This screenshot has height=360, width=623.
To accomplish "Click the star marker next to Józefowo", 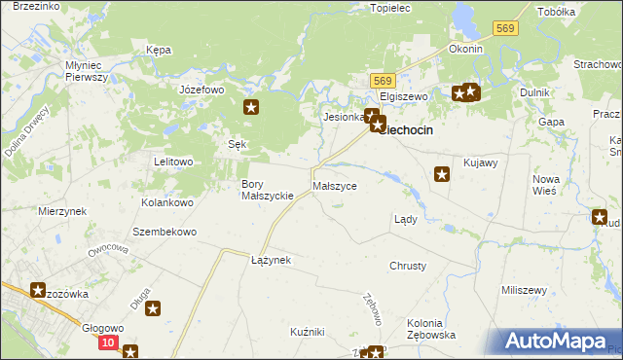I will (251, 108).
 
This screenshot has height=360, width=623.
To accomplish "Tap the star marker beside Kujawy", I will (441, 174).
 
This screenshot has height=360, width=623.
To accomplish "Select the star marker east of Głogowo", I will (153, 309).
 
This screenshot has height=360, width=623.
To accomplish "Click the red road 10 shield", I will (107, 342).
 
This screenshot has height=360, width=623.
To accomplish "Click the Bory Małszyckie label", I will (268, 190).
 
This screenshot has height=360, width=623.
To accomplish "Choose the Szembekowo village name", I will (165, 233).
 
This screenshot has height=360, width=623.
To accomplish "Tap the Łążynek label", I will (271, 261).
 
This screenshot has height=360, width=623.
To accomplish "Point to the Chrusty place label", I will (408, 266).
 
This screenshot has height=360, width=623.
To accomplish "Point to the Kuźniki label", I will (307, 332).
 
